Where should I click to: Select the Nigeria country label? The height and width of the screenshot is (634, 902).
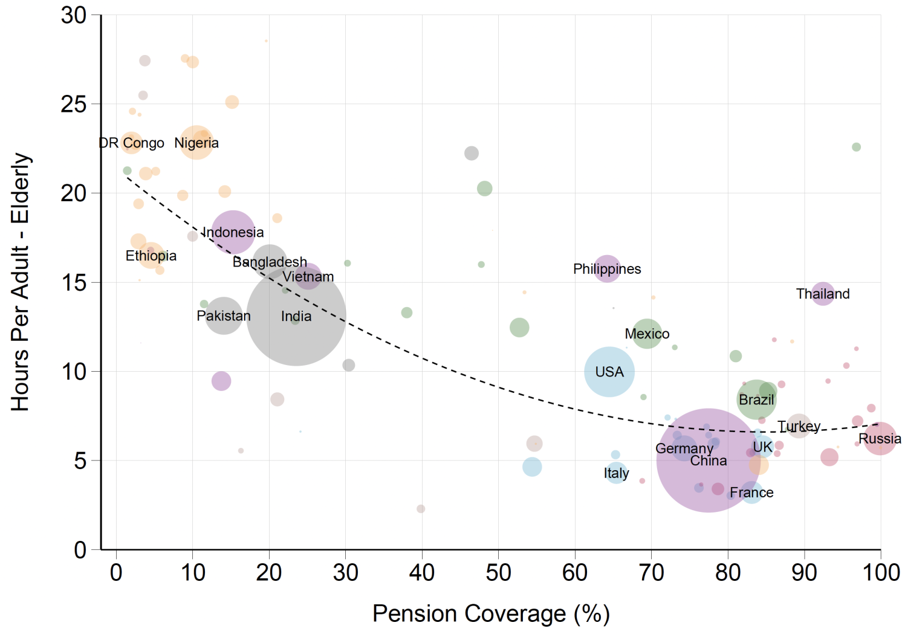pyautogui.click(x=196, y=143)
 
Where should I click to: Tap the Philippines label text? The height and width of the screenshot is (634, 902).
pyautogui.click(x=607, y=269)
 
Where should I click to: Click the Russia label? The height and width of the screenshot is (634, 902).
pyautogui.click(x=880, y=439)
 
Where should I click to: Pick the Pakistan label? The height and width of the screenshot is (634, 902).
pyautogui.click(x=223, y=315)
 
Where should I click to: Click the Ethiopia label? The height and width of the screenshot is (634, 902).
pyautogui.click(x=151, y=256)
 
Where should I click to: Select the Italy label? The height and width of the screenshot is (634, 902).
pyautogui.click(x=616, y=473)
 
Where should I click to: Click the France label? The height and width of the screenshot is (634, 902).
pyautogui.click(x=751, y=493)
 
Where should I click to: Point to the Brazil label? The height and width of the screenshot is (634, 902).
pyautogui.click(x=756, y=400)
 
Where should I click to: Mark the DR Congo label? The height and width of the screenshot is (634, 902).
pyautogui.click(x=132, y=143)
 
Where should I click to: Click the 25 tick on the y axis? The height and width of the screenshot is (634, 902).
pyautogui.click(x=74, y=105)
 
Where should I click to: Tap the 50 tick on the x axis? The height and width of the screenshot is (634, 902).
pyautogui.click(x=498, y=572)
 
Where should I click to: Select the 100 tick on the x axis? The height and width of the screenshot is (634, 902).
pyautogui.click(x=881, y=572)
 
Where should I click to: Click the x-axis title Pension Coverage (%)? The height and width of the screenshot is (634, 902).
pyautogui.click(x=491, y=613)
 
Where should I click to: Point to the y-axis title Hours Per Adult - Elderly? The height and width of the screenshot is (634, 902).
pyautogui.click(x=21, y=282)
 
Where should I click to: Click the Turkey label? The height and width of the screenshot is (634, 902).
pyautogui.click(x=799, y=426)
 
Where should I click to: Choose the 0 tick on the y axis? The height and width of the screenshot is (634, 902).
pyautogui.click(x=80, y=550)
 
